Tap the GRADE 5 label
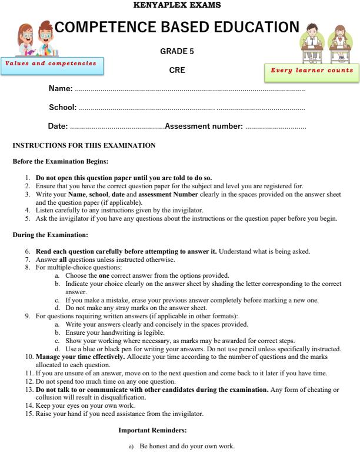pyautogui.click(x=177, y=52)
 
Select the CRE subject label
pyautogui.click(x=177, y=70)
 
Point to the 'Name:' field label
pyautogui.click(x=61, y=89)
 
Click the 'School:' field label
pyautogui.click(x=62, y=108)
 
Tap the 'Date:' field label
pyautogui.click(x=58, y=127)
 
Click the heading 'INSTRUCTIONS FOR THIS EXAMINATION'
pyautogui.click(x=84, y=145)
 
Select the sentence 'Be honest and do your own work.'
pyautogui.click(x=187, y=447)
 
